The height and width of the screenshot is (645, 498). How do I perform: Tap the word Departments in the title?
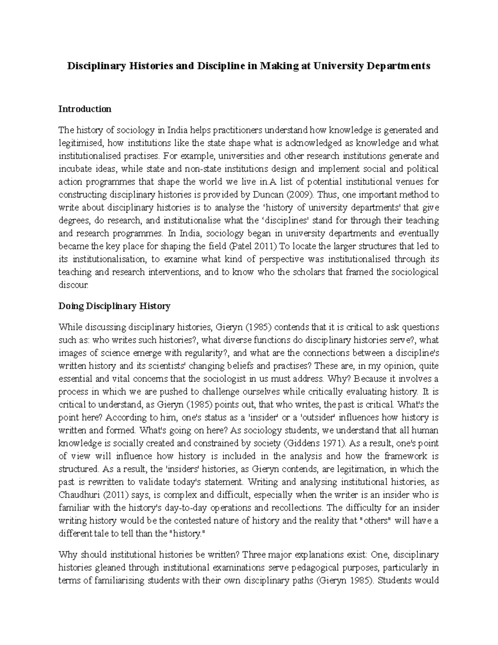[x=399, y=66]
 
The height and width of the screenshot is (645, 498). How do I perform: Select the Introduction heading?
[x=85, y=109]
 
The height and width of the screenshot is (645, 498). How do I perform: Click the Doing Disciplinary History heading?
[x=115, y=307]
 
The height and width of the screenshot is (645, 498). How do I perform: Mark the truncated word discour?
[x=73, y=285]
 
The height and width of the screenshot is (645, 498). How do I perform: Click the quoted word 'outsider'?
[x=308, y=417]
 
